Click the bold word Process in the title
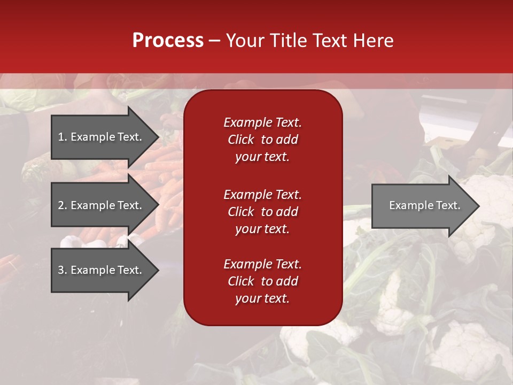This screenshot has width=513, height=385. (168, 41)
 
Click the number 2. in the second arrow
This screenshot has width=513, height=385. (62, 205)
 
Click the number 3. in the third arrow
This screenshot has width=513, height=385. (62, 270)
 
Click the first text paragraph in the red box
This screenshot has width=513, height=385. (262, 140)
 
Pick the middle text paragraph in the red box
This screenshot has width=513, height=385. (262, 212)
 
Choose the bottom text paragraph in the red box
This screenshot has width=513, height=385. (262, 281)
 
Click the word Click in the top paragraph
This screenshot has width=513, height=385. (240, 140)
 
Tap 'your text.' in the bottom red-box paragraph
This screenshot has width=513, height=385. (262, 298)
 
